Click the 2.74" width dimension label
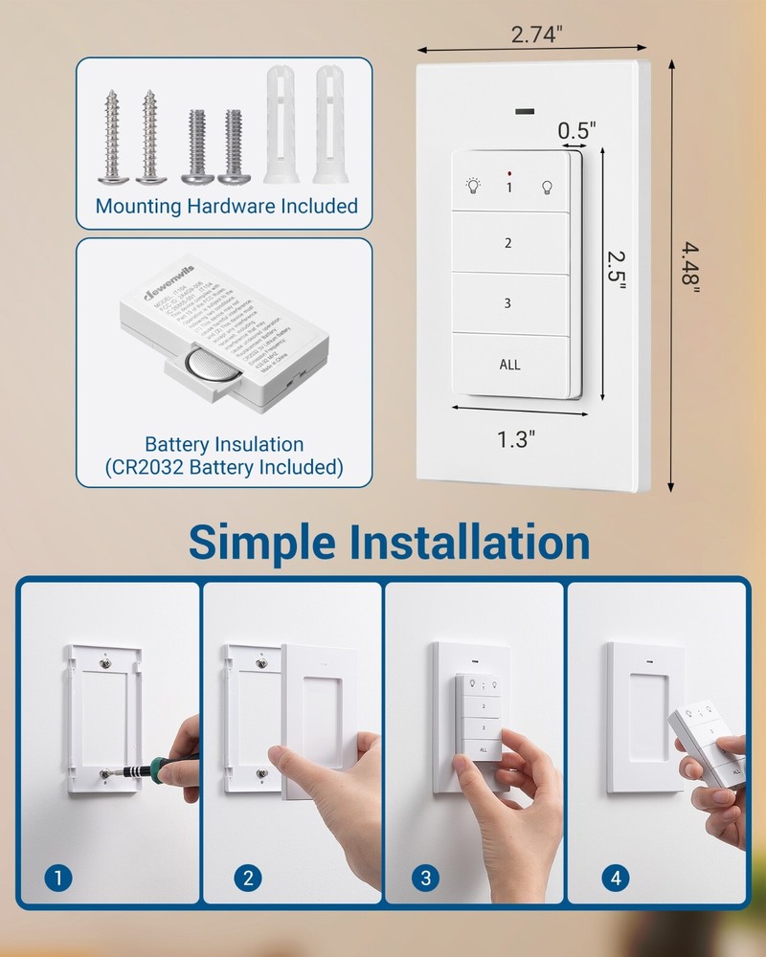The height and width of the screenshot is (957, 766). (x=536, y=33)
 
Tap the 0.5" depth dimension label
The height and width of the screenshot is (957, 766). (x=577, y=127)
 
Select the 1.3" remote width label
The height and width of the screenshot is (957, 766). (x=515, y=439)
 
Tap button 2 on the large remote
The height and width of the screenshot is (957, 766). (x=508, y=243)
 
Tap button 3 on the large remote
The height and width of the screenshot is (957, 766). (x=508, y=303)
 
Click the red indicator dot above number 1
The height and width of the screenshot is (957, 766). (x=509, y=173)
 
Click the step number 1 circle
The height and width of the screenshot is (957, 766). (x=59, y=877)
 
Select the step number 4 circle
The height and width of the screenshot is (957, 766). (x=614, y=877)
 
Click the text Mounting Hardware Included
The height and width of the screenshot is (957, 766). (x=226, y=206)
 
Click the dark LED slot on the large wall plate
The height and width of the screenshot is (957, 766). (x=525, y=112)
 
